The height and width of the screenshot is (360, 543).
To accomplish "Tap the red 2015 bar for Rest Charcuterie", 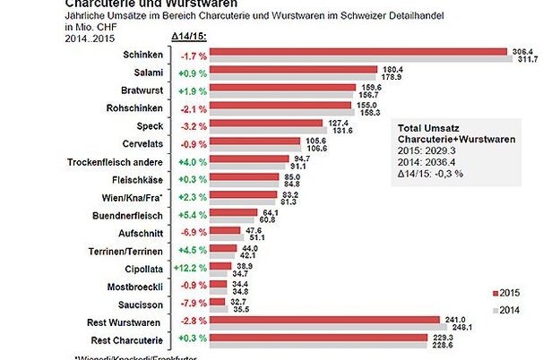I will [318, 337].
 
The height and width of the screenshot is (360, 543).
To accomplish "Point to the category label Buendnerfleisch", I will [128, 216].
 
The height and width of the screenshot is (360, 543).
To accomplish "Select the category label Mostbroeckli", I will [135, 286].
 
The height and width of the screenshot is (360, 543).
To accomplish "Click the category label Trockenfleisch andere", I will [116, 162].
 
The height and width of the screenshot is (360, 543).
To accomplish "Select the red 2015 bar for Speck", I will [265, 123].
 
